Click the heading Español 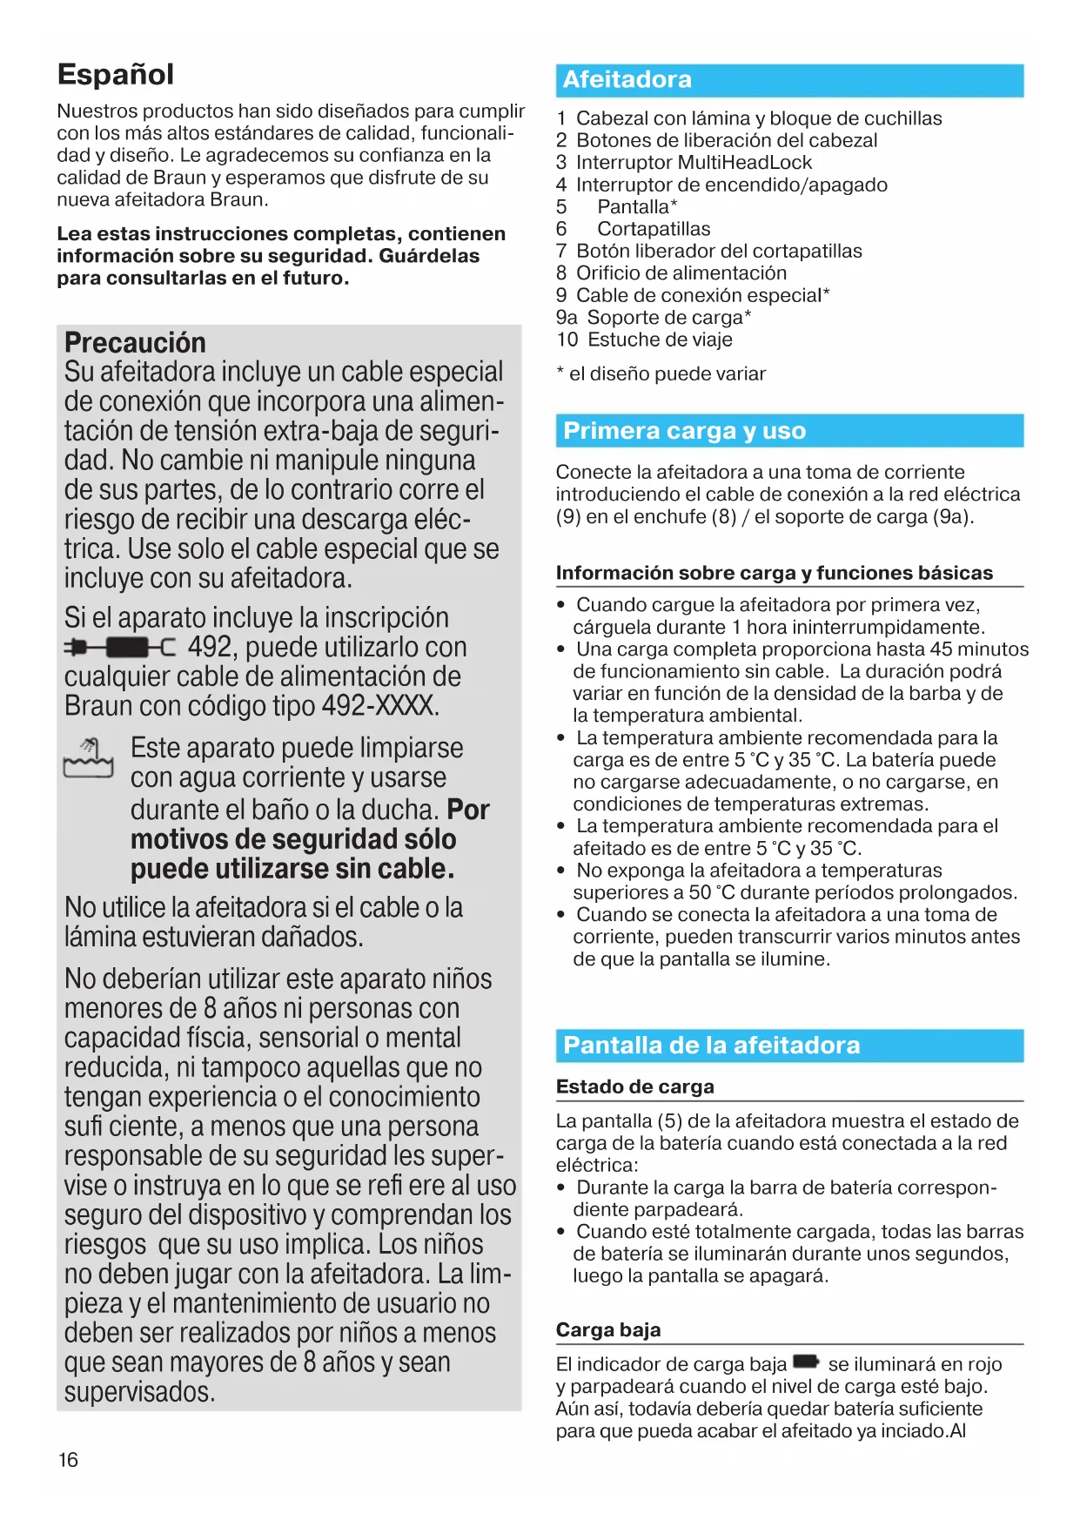pos(116,75)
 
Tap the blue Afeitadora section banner pos(789,80)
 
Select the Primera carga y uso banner pos(789,431)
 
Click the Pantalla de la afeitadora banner pos(789,1046)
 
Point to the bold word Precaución pos(135,342)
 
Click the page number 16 pos(68,1460)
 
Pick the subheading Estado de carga pos(634,1086)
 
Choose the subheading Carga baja pos(608,1330)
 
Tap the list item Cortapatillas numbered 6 pos(653,229)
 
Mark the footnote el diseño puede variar pos(667,374)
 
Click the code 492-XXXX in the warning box pos(379,706)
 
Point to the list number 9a pos(567,318)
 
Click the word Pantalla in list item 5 pos(633,207)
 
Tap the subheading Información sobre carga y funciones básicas pos(774,573)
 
